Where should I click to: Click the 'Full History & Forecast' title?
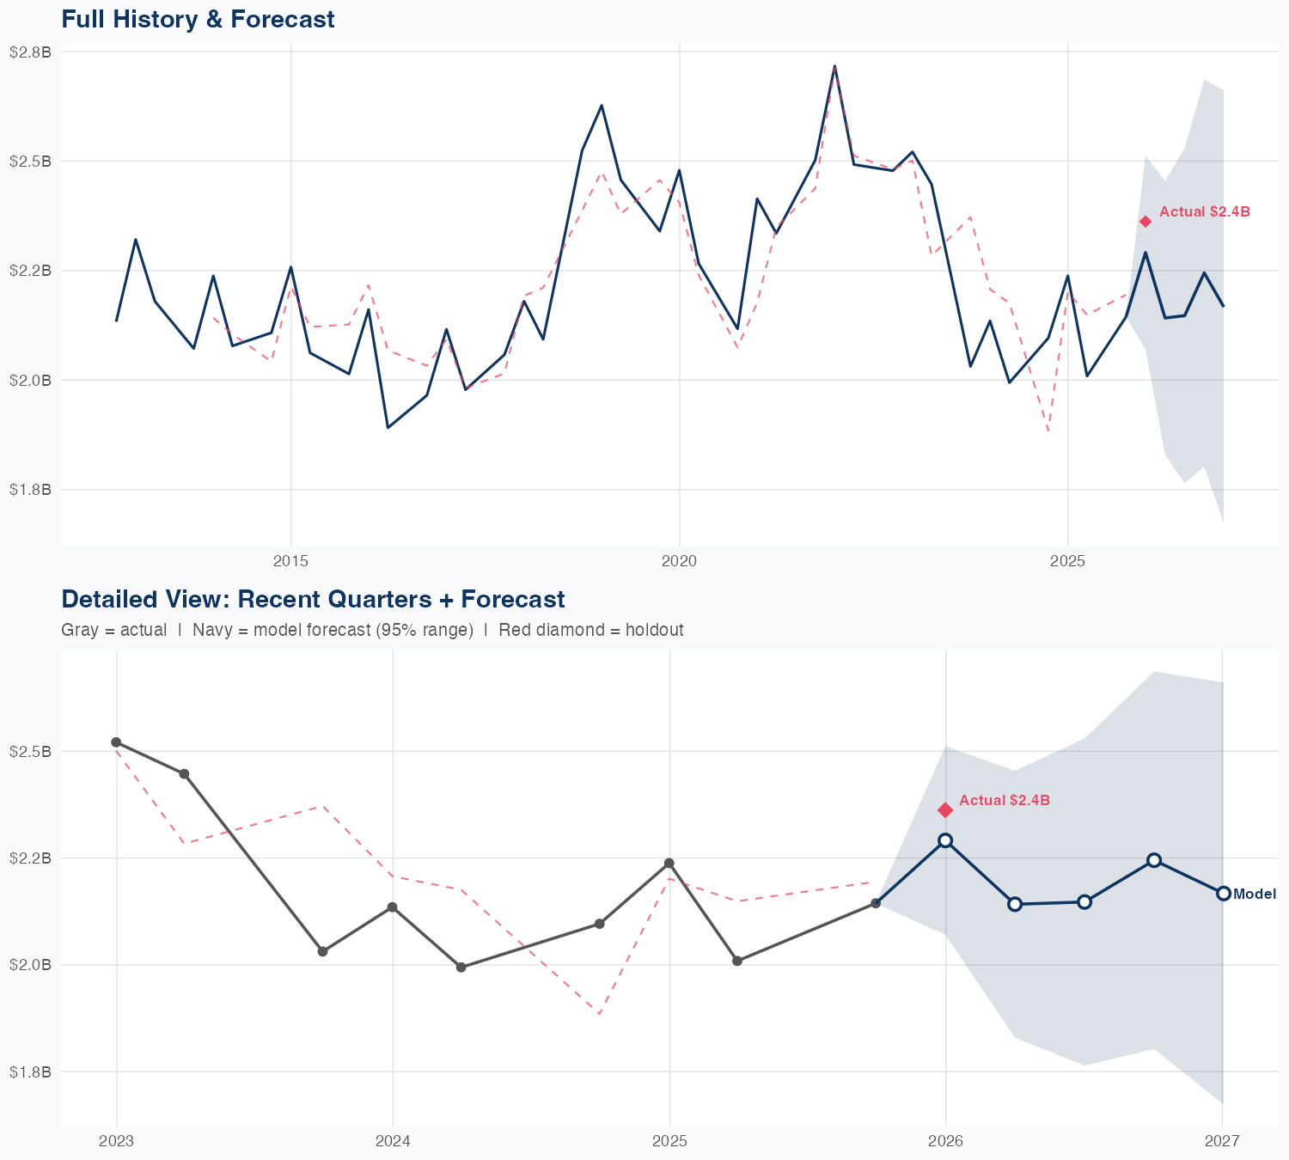click(198, 19)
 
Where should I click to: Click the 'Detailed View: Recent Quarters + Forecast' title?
click(313, 599)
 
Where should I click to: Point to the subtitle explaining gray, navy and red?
click(372, 630)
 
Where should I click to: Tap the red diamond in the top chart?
click(1145, 222)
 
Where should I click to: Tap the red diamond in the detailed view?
click(945, 809)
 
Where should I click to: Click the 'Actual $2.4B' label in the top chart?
click(1204, 211)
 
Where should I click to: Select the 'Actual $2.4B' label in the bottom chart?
click(1004, 800)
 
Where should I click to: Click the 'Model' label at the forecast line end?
click(1254, 894)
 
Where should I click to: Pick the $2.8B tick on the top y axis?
click(30, 52)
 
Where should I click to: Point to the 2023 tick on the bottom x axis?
click(116, 1141)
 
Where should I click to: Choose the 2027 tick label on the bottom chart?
click(1222, 1141)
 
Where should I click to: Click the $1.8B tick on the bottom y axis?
click(30, 1071)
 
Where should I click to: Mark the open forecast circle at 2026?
click(945, 840)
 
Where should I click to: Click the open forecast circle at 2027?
click(1223, 894)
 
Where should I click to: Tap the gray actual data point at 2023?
click(116, 742)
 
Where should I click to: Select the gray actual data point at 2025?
click(669, 863)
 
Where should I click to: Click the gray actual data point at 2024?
click(393, 907)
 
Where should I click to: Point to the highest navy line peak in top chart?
click(834, 66)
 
